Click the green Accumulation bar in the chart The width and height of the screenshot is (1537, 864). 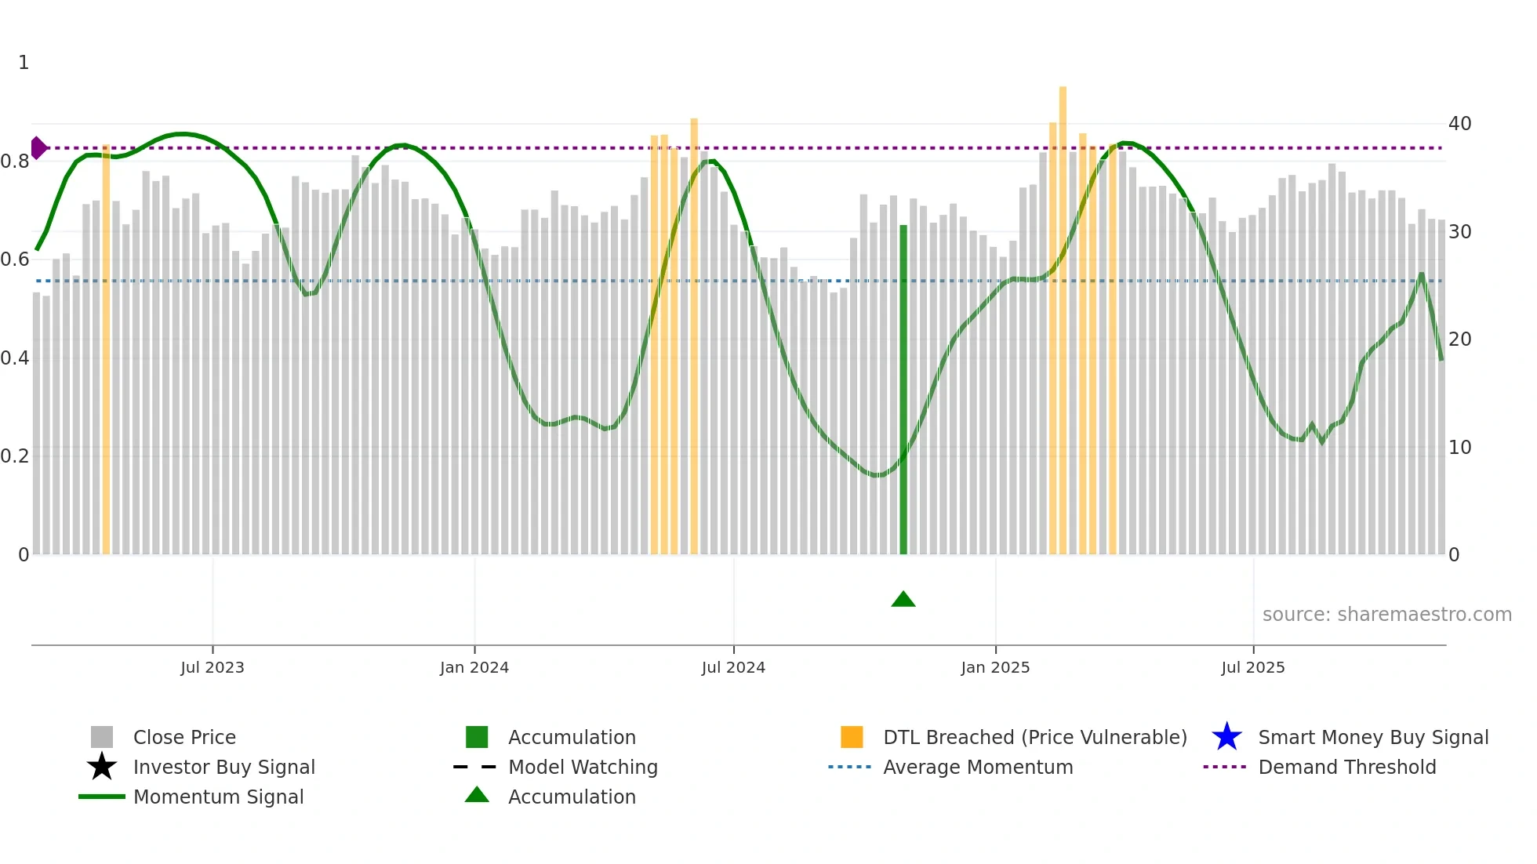click(903, 392)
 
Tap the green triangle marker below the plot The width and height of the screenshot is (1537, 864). click(903, 600)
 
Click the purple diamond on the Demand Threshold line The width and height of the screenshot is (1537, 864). click(38, 147)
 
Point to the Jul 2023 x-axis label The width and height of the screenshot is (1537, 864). click(213, 668)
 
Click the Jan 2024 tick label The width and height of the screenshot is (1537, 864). click(474, 668)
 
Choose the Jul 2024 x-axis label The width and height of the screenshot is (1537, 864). click(733, 668)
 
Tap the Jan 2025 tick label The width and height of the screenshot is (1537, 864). click(995, 668)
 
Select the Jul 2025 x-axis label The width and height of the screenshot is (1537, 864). click(1253, 668)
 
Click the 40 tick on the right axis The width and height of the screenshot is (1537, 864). click(1459, 124)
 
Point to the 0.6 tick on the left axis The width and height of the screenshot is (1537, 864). click(15, 260)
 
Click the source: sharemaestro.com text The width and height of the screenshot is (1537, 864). click(1386, 615)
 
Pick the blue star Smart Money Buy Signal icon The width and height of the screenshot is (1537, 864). click(1226, 737)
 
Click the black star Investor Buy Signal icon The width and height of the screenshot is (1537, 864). click(102, 767)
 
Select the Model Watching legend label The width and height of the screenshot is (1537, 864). click(583, 767)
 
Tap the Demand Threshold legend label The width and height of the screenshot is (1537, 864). click(1346, 767)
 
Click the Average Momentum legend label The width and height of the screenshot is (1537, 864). click(978, 767)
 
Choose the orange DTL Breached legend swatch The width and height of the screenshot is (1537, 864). click(852, 737)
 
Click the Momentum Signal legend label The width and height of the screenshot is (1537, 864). click(218, 797)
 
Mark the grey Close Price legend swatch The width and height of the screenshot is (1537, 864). click(102, 737)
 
